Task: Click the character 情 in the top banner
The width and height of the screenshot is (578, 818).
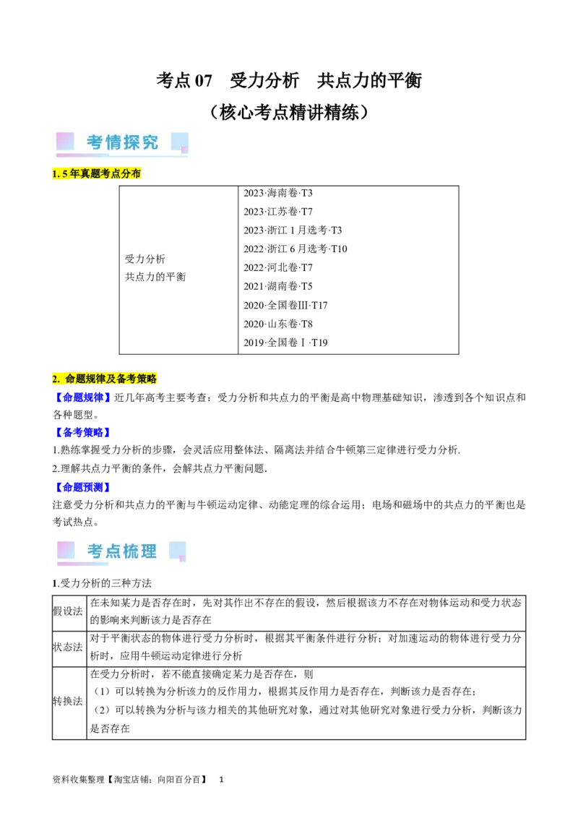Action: (113, 142)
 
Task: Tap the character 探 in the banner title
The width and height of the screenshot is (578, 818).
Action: (132, 142)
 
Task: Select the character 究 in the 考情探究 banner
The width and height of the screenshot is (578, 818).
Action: (150, 142)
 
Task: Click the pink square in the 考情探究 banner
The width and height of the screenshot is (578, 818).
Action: (65, 141)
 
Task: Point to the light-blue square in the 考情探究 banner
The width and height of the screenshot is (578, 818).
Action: (179, 142)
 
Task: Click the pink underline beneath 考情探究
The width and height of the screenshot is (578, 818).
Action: (82, 155)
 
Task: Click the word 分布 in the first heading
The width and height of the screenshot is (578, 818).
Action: (132, 174)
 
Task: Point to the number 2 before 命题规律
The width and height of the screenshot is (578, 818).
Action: (55, 379)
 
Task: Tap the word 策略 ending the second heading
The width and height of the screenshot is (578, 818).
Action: (147, 379)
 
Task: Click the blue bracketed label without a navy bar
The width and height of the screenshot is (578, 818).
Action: (82, 397)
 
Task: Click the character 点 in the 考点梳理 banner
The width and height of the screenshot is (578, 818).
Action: (113, 551)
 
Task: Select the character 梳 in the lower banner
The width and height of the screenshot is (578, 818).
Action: (131, 551)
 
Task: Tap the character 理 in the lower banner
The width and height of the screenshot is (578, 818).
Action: (149, 551)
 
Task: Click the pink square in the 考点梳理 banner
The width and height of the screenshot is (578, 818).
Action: (66, 550)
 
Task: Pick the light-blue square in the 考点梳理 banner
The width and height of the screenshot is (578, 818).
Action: (177, 551)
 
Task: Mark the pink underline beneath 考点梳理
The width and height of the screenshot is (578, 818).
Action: (82, 564)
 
